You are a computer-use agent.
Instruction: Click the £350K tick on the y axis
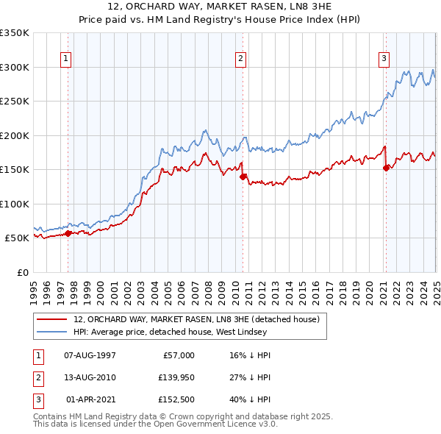(14, 33)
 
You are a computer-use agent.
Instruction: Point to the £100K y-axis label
(14, 204)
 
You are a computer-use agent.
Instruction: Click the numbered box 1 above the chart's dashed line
(67, 60)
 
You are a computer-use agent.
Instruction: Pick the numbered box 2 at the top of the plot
(241, 60)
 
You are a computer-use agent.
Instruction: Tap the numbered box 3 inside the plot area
(384, 60)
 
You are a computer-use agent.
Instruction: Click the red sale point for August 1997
(68, 233)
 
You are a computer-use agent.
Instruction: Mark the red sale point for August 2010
(243, 177)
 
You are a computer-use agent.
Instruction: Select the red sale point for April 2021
(386, 168)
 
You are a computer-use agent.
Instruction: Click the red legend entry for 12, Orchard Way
(196, 320)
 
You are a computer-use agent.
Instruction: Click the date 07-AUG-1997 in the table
(90, 355)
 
